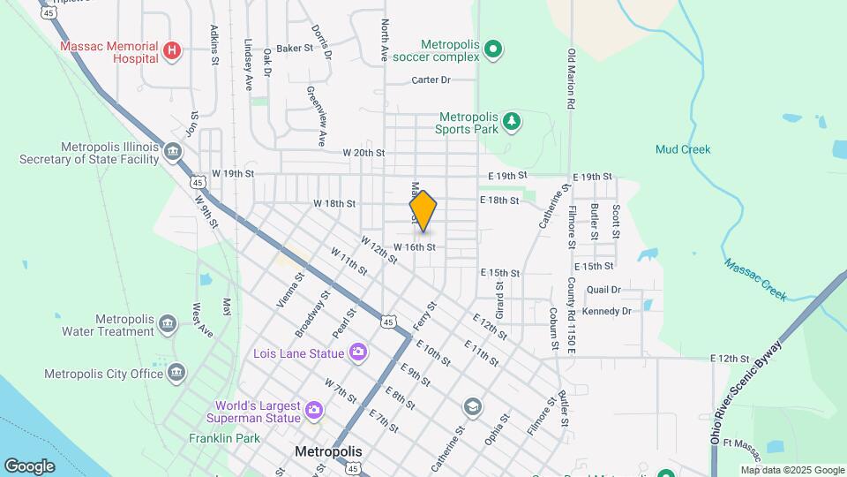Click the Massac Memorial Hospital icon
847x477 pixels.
click(x=172, y=51)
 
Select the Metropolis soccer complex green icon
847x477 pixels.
click(x=494, y=49)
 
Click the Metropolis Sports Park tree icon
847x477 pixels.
click(x=511, y=121)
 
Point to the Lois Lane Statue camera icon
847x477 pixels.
click(x=357, y=352)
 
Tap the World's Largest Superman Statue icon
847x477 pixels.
click(x=313, y=410)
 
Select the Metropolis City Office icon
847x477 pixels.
click(x=177, y=373)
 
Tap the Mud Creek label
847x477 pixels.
click(x=682, y=149)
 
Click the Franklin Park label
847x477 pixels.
click(x=224, y=437)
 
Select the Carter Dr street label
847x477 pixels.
click(x=431, y=79)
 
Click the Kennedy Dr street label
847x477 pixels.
click(x=607, y=311)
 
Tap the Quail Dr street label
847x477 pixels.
click(x=603, y=289)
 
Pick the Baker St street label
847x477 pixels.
click(x=295, y=49)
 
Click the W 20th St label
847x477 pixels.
click(x=364, y=153)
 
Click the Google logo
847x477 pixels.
click(x=29, y=466)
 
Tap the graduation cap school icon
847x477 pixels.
click(x=472, y=406)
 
